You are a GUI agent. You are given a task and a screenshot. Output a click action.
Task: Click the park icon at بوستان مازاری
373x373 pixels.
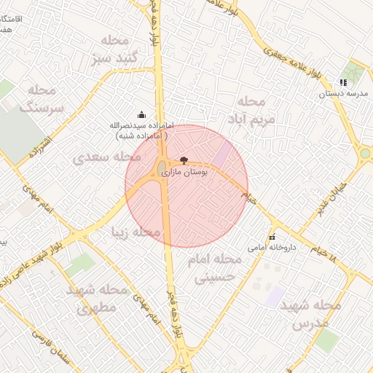pos(183,160)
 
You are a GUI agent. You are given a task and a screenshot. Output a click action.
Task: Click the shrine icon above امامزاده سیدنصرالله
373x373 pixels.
pos(141,114)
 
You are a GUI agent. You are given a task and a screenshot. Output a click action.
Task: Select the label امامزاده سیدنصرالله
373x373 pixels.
pos(139,130)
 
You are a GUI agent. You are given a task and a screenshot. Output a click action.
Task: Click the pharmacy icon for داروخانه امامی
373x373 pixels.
pos(272,237)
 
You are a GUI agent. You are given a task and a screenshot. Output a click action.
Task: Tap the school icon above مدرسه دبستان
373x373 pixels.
pos(343,82)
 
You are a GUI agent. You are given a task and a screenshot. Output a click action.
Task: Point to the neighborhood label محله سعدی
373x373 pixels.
pos(107,156)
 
